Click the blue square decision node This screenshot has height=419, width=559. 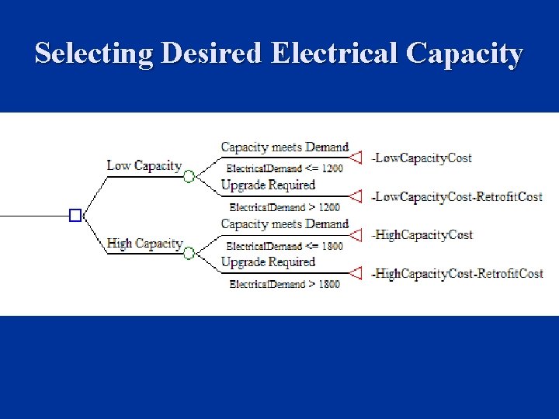tap(75, 215)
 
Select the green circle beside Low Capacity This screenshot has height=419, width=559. tap(189, 176)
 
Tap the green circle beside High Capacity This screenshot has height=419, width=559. tap(189, 253)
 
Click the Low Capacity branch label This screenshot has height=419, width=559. tap(144, 165)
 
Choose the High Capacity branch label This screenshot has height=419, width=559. tap(144, 243)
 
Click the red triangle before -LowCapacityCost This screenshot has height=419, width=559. tap(356, 158)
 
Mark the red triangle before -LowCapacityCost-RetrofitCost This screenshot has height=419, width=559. tap(356, 196)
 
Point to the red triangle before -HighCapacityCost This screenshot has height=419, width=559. tap(356, 234)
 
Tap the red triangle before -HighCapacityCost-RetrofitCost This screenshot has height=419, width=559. tap(356, 273)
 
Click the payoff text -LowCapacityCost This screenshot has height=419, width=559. tap(422, 158)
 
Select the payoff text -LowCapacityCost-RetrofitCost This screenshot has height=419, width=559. tap(457, 196)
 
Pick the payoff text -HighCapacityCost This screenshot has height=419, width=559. tap(422, 234)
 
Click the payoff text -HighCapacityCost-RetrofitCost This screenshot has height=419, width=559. tap(457, 273)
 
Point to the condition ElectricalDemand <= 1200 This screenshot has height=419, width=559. tap(284, 168)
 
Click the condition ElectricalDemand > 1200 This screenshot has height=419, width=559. tap(284, 207)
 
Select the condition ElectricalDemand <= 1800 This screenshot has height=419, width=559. tap(284, 246)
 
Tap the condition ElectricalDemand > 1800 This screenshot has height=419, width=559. tap(284, 284)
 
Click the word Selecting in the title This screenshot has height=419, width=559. tap(95, 54)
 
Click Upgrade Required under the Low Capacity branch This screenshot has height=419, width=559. tap(268, 185)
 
